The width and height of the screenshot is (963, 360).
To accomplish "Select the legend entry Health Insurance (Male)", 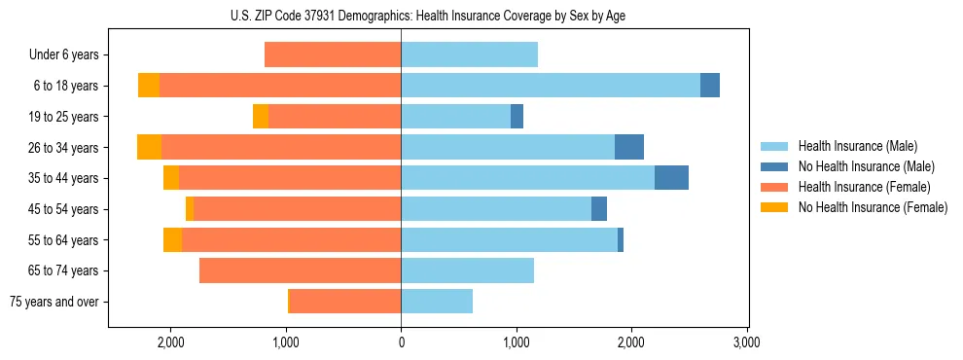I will pyautogui.click(x=857, y=146).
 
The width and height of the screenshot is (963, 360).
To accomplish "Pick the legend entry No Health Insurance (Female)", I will pyautogui.click(x=873, y=207).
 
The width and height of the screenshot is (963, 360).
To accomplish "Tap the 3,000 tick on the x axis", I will pyautogui.click(x=746, y=342).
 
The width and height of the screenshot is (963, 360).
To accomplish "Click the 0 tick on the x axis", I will pyautogui.click(x=401, y=342).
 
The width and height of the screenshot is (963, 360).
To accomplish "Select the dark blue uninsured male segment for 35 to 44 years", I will pyautogui.click(x=671, y=178).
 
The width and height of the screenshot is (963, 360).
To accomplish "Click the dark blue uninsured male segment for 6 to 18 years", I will pyautogui.click(x=710, y=86).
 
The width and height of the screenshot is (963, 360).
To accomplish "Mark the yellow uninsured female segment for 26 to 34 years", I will pyautogui.click(x=149, y=147).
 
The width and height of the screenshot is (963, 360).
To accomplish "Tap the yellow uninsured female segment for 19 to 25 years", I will pyautogui.click(x=261, y=117).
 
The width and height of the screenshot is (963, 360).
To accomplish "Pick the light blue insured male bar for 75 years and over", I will pyautogui.click(x=437, y=302).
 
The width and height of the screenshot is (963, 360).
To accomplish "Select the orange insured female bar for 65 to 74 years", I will pyautogui.click(x=300, y=270).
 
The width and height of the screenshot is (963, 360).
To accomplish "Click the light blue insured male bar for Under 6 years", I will pyautogui.click(x=469, y=54).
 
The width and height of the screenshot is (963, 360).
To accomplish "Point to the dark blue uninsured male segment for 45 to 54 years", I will pyautogui.click(x=599, y=209).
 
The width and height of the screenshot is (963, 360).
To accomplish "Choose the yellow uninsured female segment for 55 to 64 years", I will pyautogui.click(x=172, y=239).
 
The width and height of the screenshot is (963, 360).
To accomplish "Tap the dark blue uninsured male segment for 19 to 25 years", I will pyautogui.click(x=517, y=117).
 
